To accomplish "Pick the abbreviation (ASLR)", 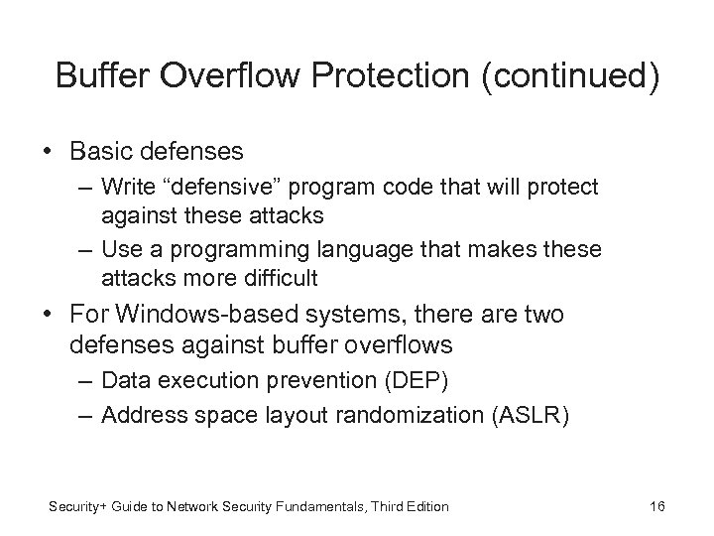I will point(529,415).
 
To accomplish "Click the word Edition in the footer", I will point(426,507).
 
